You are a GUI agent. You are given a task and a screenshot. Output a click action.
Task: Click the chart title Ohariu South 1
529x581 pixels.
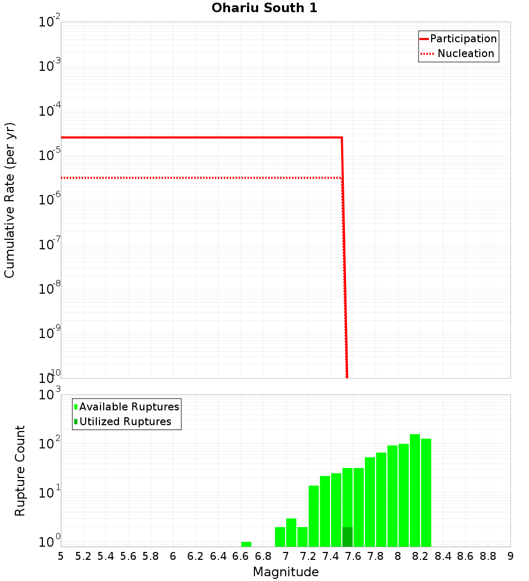tap(264, 8)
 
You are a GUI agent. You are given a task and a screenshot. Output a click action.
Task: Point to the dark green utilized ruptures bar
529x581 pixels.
tap(347, 537)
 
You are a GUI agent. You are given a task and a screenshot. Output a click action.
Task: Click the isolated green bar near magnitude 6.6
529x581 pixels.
tap(246, 544)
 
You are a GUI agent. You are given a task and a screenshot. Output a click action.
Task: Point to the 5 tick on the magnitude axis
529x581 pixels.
tap(61, 556)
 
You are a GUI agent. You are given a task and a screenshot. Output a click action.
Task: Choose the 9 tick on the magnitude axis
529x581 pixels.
tap(510, 556)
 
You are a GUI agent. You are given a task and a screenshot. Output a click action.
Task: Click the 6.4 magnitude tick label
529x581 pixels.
tap(218, 556)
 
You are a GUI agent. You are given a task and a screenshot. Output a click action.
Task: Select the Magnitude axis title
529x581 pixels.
tap(286, 572)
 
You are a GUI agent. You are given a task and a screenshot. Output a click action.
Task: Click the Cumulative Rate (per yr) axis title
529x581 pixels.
tap(10, 200)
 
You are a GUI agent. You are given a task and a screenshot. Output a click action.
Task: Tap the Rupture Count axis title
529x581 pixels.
tap(20, 470)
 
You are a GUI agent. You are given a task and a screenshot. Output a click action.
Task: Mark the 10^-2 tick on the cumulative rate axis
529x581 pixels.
tap(49, 23)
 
